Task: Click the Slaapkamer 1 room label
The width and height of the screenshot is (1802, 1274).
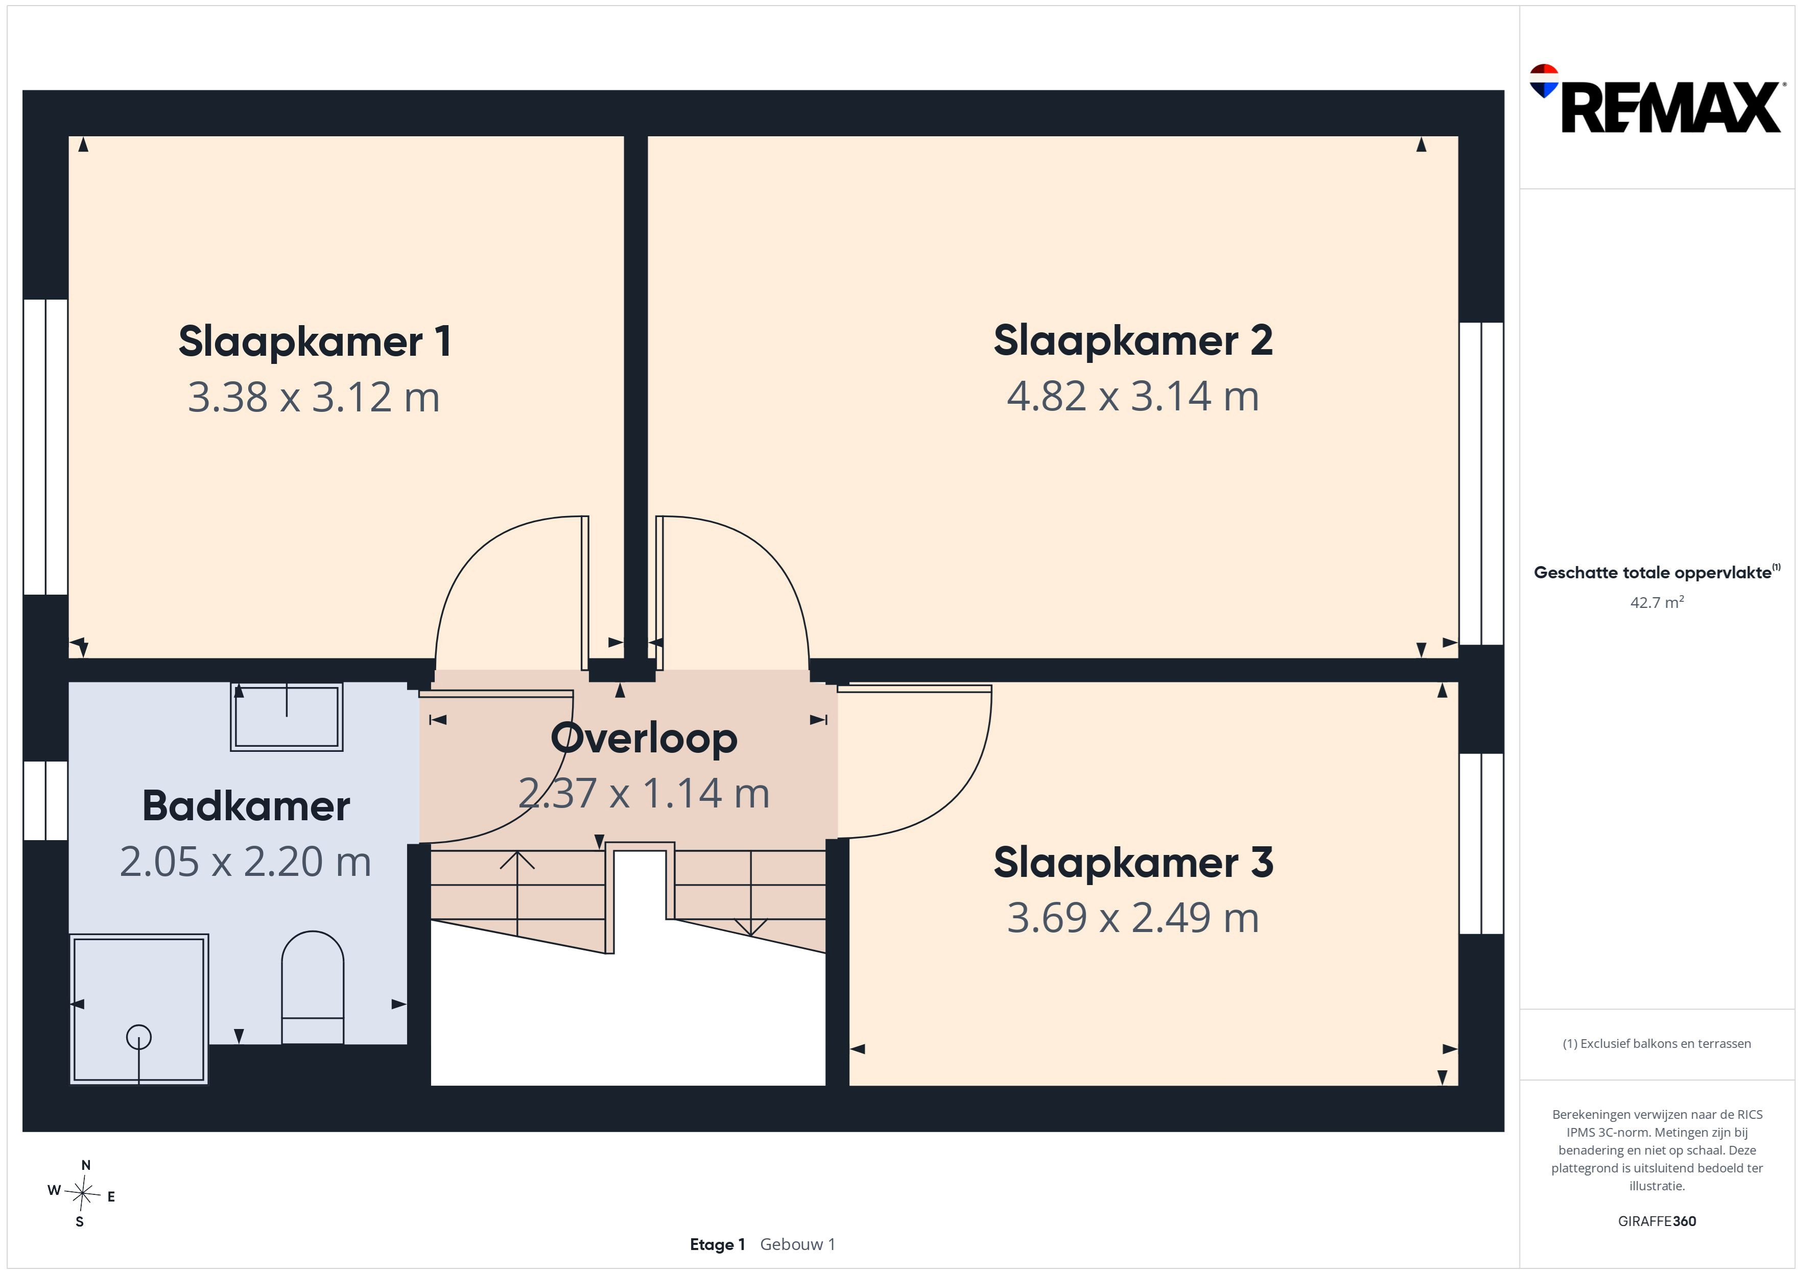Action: click(x=315, y=341)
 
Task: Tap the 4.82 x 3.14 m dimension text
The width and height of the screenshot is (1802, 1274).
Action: click(x=1132, y=396)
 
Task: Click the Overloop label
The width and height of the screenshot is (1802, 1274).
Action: click(x=644, y=738)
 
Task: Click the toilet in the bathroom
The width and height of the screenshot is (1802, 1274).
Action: click(x=313, y=987)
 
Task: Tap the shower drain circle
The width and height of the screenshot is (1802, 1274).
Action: click(x=139, y=1037)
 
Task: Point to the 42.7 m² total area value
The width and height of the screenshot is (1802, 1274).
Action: click(x=1657, y=602)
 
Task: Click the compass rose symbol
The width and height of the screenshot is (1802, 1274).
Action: click(x=82, y=1194)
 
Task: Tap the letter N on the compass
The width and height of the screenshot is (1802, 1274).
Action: click(x=85, y=1165)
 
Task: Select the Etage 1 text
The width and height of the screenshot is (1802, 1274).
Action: click(x=717, y=1244)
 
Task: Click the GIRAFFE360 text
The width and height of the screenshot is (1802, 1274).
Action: click(x=1657, y=1220)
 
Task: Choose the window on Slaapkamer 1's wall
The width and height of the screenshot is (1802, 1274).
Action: click(x=45, y=447)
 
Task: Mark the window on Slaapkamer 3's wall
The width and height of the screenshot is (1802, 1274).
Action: click(x=1481, y=843)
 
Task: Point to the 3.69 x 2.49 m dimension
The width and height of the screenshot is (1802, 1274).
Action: click(x=1132, y=918)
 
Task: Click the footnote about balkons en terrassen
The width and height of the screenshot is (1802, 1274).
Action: click(x=1657, y=1043)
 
